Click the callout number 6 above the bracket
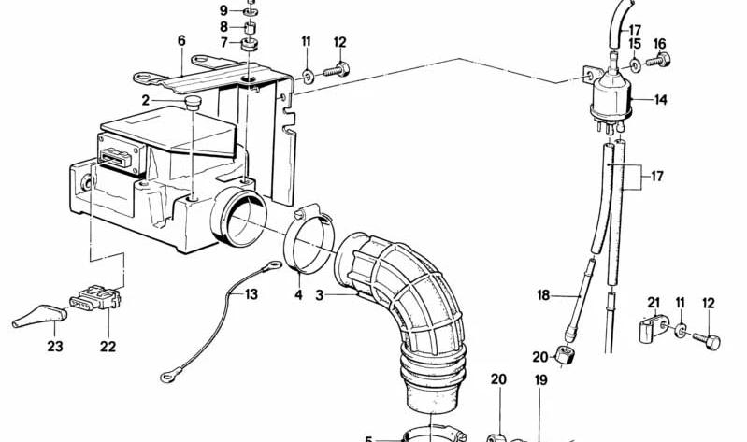[x=181, y=41]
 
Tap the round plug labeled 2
[x=193, y=103]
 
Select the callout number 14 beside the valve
[x=660, y=100]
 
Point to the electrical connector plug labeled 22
[x=95, y=298]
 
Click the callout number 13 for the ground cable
[x=251, y=294]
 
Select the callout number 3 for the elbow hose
[x=319, y=295]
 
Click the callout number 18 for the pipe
[x=543, y=295]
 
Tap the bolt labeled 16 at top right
[x=658, y=61]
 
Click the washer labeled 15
[x=635, y=64]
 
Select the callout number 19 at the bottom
[x=540, y=380]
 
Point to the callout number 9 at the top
[x=223, y=10]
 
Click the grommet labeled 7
[x=250, y=44]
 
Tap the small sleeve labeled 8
[x=251, y=27]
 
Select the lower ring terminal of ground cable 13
[x=167, y=377]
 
